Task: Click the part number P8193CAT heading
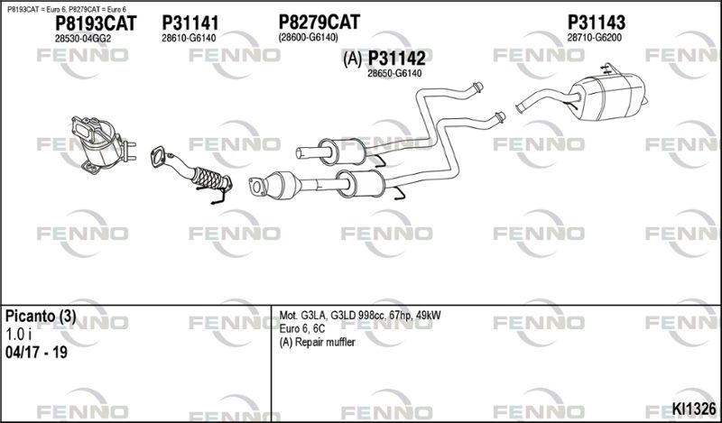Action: click(96, 23)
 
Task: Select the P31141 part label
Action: click(190, 23)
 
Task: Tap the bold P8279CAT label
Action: click(319, 22)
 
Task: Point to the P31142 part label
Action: click(396, 58)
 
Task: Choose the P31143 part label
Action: click(597, 22)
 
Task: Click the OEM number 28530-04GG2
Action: click(83, 39)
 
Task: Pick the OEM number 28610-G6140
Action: click(189, 38)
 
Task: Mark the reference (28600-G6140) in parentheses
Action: click(309, 37)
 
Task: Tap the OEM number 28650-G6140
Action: click(394, 74)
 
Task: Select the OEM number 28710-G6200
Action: click(595, 38)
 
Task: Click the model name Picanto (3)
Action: click(41, 317)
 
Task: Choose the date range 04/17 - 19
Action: click(36, 353)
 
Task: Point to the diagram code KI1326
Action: click(694, 409)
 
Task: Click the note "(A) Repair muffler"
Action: click(318, 343)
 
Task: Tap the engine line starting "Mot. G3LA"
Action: click(360, 317)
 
